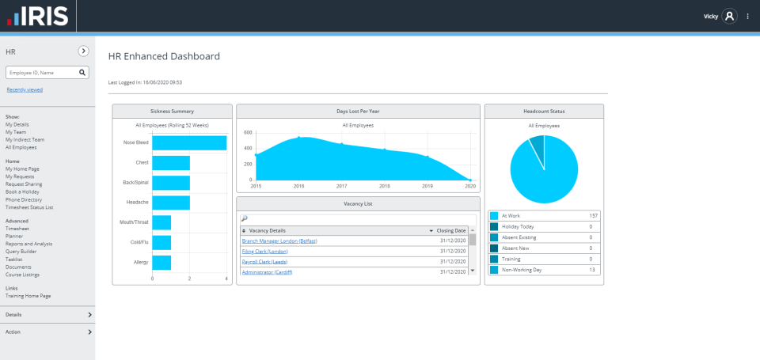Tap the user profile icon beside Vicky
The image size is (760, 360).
coord(729,16)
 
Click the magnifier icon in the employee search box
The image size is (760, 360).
coord(82,72)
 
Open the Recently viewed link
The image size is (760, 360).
coord(25,89)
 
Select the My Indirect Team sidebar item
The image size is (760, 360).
coord(25,139)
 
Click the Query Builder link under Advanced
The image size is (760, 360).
coord(22,252)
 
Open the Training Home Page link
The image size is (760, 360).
coord(28,296)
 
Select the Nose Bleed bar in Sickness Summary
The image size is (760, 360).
coord(189,142)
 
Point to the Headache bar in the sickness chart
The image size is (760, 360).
coord(171,203)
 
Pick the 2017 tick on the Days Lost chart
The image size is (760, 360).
coord(341,186)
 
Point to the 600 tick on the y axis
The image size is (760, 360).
coord(248,132)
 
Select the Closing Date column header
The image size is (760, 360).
coord(450,230)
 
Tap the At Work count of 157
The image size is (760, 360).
coord(592,215)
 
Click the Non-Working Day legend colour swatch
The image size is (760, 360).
coord(494,270)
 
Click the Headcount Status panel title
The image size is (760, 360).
coord(544,112)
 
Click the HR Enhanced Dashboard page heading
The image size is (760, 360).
coord(164,56)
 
